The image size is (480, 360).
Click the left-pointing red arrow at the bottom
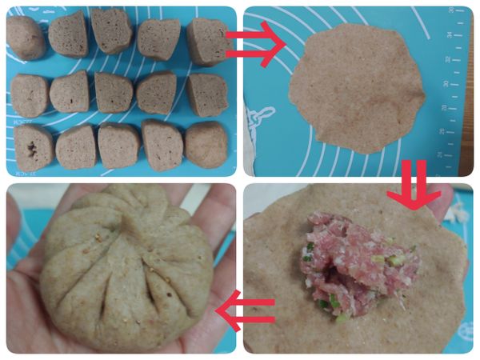click(x=247, y=311)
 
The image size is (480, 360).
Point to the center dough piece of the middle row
click(x=114, y=93)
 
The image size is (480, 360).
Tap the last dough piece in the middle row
click(x=206, y=94)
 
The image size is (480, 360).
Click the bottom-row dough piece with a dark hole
click(x=34, y=147)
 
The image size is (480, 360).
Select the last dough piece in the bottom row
click(x=206, y=145)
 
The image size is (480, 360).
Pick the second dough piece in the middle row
click(x=70, y=91)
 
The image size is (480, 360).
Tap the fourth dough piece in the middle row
click(x=157, y=93)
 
